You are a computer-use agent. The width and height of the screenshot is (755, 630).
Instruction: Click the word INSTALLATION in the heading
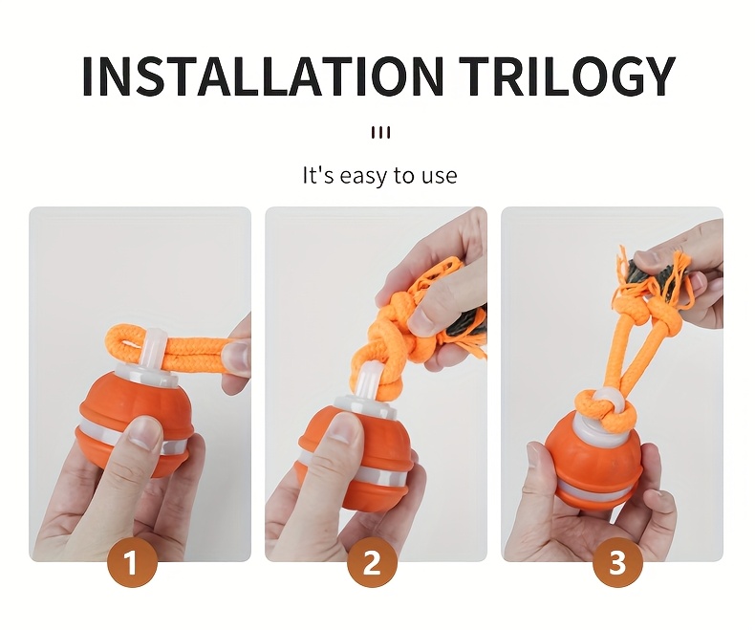click(262, 76)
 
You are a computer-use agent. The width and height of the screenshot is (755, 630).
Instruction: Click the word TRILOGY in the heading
click(567, 76)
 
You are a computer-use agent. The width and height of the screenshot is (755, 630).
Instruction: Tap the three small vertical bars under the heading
click(380, 133)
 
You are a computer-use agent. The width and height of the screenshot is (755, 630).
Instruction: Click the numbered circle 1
click(132, 561)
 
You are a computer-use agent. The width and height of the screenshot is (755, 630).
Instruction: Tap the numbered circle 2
click(372, 561)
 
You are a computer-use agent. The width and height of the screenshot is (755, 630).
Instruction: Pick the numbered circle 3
click(617, 561)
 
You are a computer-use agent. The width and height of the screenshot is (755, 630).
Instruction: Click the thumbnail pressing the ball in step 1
click(144, 430)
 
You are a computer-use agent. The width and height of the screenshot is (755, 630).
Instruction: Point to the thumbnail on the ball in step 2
click(344, 426)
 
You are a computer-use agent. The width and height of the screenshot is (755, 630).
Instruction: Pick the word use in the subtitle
click(440, 176)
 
